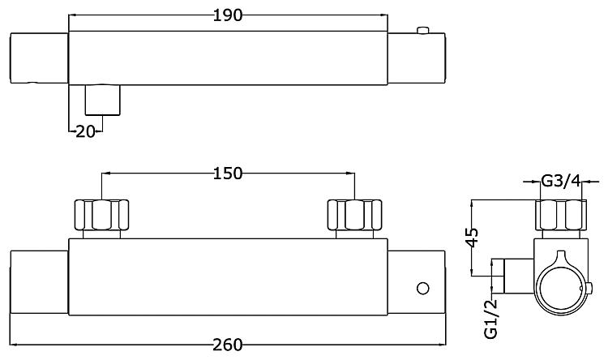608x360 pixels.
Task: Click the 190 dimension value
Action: click(228, 15)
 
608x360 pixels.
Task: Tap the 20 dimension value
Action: click(85, 132)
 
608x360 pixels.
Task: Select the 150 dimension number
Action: click(228, 174)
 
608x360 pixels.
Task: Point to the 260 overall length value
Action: click(228, 345)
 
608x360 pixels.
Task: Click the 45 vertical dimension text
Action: click(472, 238)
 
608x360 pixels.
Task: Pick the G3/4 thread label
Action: click(561, 181)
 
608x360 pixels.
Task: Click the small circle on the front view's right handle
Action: click(422, 289)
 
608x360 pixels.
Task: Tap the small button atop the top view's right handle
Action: click(422, 30)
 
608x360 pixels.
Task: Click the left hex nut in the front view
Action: click(101, 215)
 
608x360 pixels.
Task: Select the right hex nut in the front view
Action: click(355, 215)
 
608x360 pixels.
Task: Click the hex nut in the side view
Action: click(561, 215)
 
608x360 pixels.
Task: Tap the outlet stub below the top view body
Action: click(102, 100)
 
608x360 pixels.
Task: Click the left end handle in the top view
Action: click(39, 58)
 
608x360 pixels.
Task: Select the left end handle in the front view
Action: click(39, 282)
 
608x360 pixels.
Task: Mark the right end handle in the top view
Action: click(417, 58)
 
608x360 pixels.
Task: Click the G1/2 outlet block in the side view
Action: click(519, 276)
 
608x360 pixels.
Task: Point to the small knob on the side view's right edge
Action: click(589, 288)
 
